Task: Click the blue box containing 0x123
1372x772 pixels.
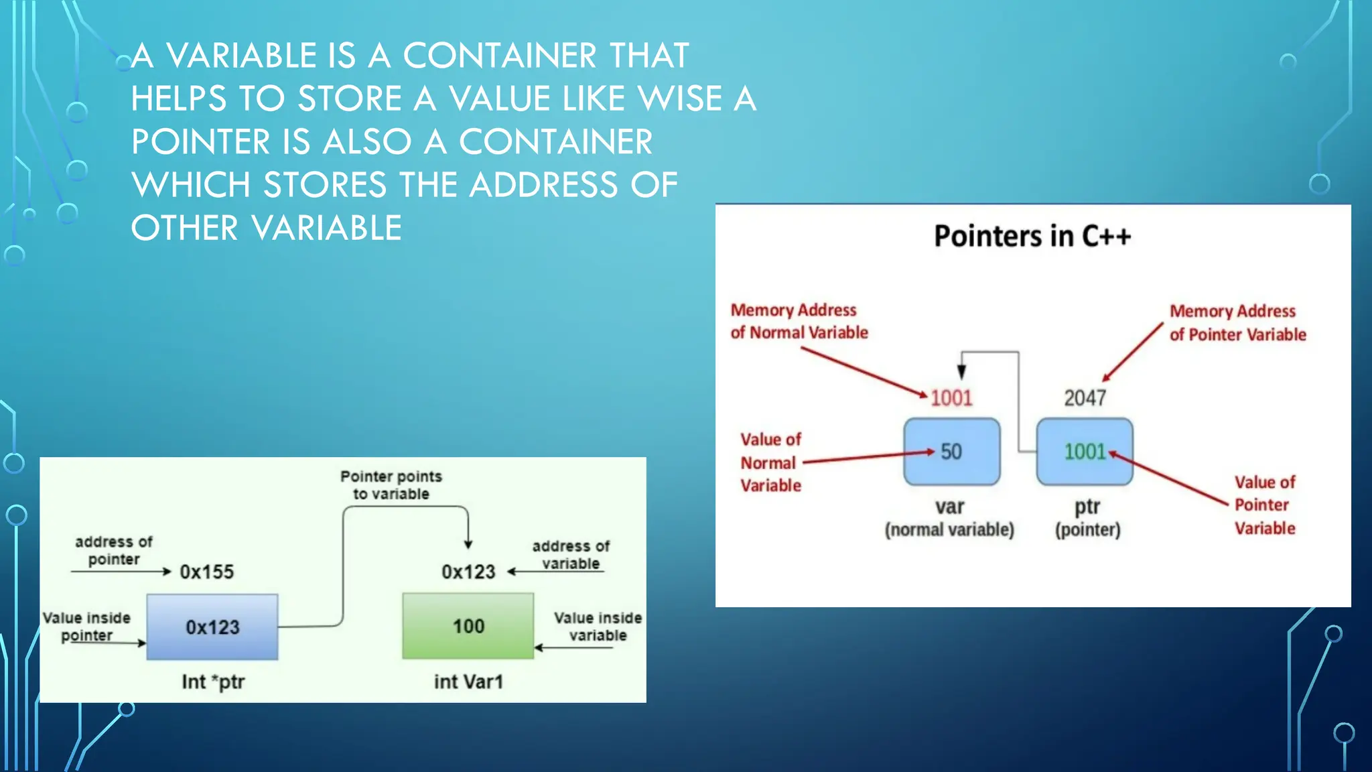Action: [x=212, y=627]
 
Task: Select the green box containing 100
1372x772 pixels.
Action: [x=468, y=626]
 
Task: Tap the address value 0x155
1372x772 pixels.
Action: [x=206, y=572]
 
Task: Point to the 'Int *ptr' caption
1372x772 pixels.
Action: [x=213, y=682]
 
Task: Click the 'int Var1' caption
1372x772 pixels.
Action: [x=468, y=682]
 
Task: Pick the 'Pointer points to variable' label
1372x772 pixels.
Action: [x=391, y=485]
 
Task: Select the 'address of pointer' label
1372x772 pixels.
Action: [x=114, y=550]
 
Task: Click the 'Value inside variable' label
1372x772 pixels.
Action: [x=598, y=627]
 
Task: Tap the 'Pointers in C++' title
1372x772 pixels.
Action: [x=1032, y=236]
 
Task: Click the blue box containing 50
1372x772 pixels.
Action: [x=951, y=452]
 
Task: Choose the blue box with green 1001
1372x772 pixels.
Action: [x=1085, y=452]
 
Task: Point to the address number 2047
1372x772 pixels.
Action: [x=1085, y=398]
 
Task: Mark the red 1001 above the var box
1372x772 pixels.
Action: [x=951, y=398]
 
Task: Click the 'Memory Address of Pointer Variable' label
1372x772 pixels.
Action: [x=1237, y=322]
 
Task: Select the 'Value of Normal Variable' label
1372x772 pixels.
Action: [x=770, y=462]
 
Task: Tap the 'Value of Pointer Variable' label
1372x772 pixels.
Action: [x=1265, y=505]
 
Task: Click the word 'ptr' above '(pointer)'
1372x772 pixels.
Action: [x=1087, y=507]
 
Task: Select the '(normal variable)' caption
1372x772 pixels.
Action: [x=949, y=530]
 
